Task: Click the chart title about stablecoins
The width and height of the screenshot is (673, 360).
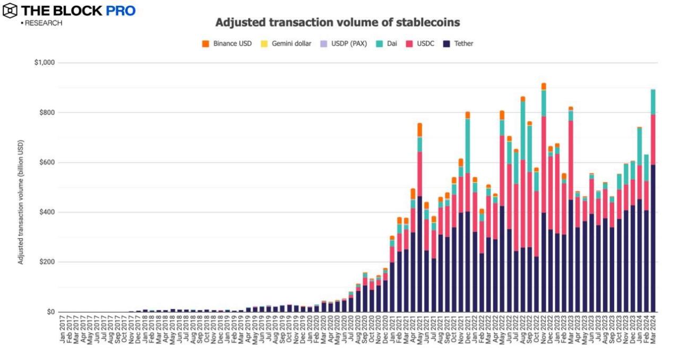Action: pyautogui.click(x=337, y=23)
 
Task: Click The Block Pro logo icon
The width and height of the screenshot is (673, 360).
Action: pyautogui.click(x=9, y=10)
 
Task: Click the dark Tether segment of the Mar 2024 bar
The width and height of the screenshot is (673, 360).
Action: pyautogui.click(x=653, y=239)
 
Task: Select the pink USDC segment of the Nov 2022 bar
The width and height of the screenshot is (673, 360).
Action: pyautogui.click(x=544, y=164)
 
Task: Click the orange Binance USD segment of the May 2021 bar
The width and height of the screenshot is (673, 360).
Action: pyautogui.click(x=419, y=130)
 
